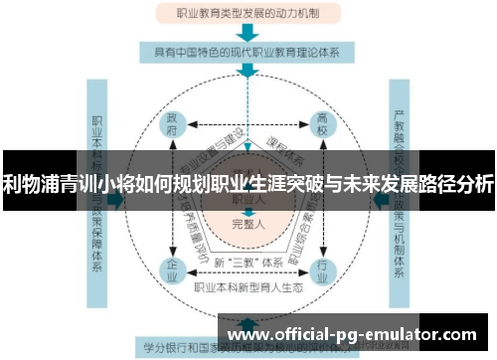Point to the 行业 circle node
[x=322, y=268]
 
